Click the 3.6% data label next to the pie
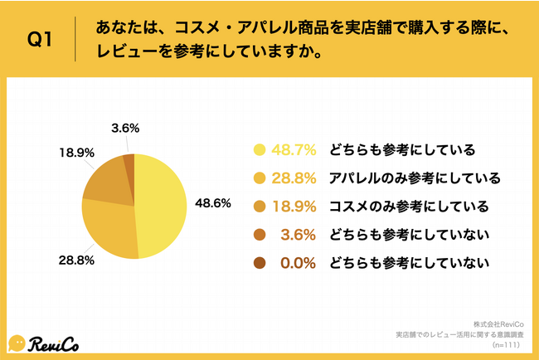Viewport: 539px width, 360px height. (124, 129)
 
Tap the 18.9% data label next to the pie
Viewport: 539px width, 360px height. (75, 154)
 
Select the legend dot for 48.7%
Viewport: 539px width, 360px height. (260, 150)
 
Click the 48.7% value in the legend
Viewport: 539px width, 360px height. (295, 150)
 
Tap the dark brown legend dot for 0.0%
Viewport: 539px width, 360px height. (260, 264)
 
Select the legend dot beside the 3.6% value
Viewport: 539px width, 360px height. (260, 236)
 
